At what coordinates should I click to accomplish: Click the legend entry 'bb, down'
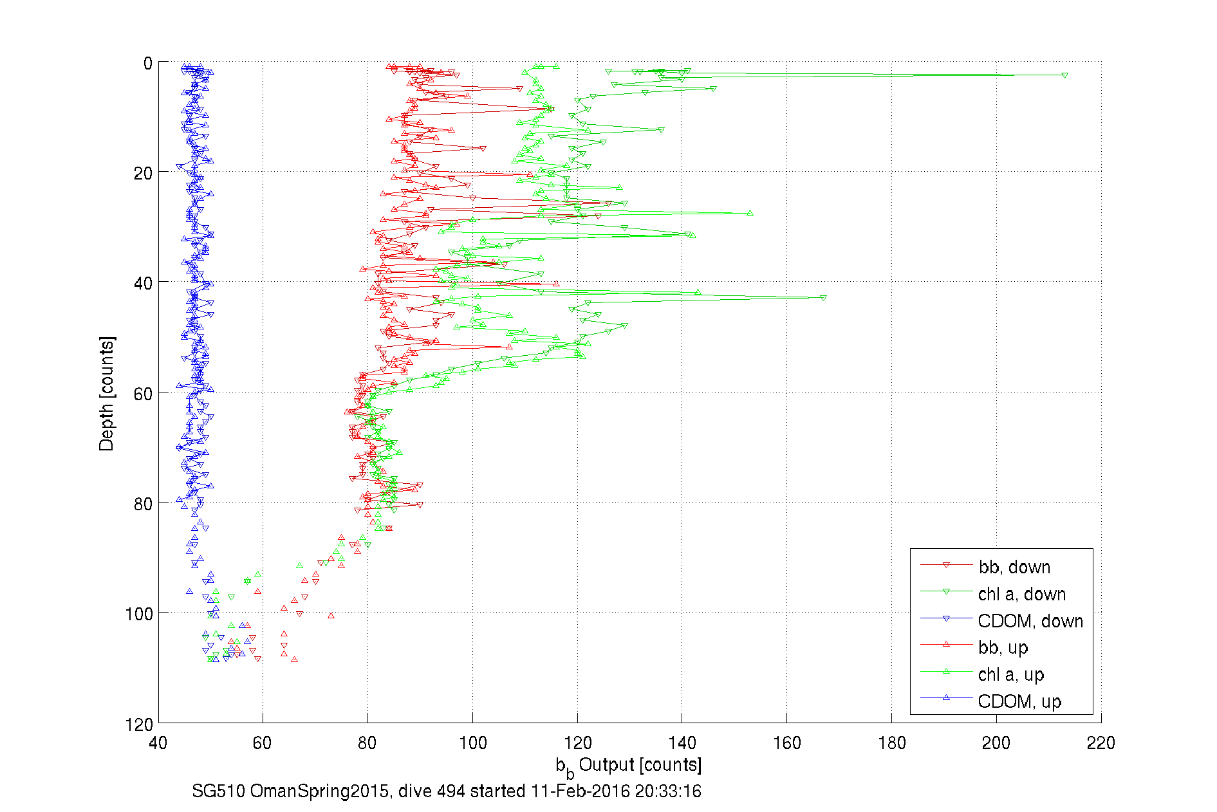[1014, 567]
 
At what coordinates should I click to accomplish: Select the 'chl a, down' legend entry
[1021, 594]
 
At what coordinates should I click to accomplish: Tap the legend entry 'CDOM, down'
[1030, 621]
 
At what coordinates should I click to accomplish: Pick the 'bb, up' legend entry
[1003, 647]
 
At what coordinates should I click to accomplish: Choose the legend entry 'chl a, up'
[1010, 674]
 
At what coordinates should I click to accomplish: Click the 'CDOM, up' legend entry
[1019, 701]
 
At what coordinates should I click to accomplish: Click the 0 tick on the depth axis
[147, 63]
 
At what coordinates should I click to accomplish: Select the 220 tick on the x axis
[1101, 743]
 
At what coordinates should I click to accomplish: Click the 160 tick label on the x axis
[786, 743]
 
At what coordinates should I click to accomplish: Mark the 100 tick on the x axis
[472, 743]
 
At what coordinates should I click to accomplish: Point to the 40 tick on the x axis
[158, 743]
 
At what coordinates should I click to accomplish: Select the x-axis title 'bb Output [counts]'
[629, 766]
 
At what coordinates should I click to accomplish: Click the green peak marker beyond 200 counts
[1064, 76]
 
